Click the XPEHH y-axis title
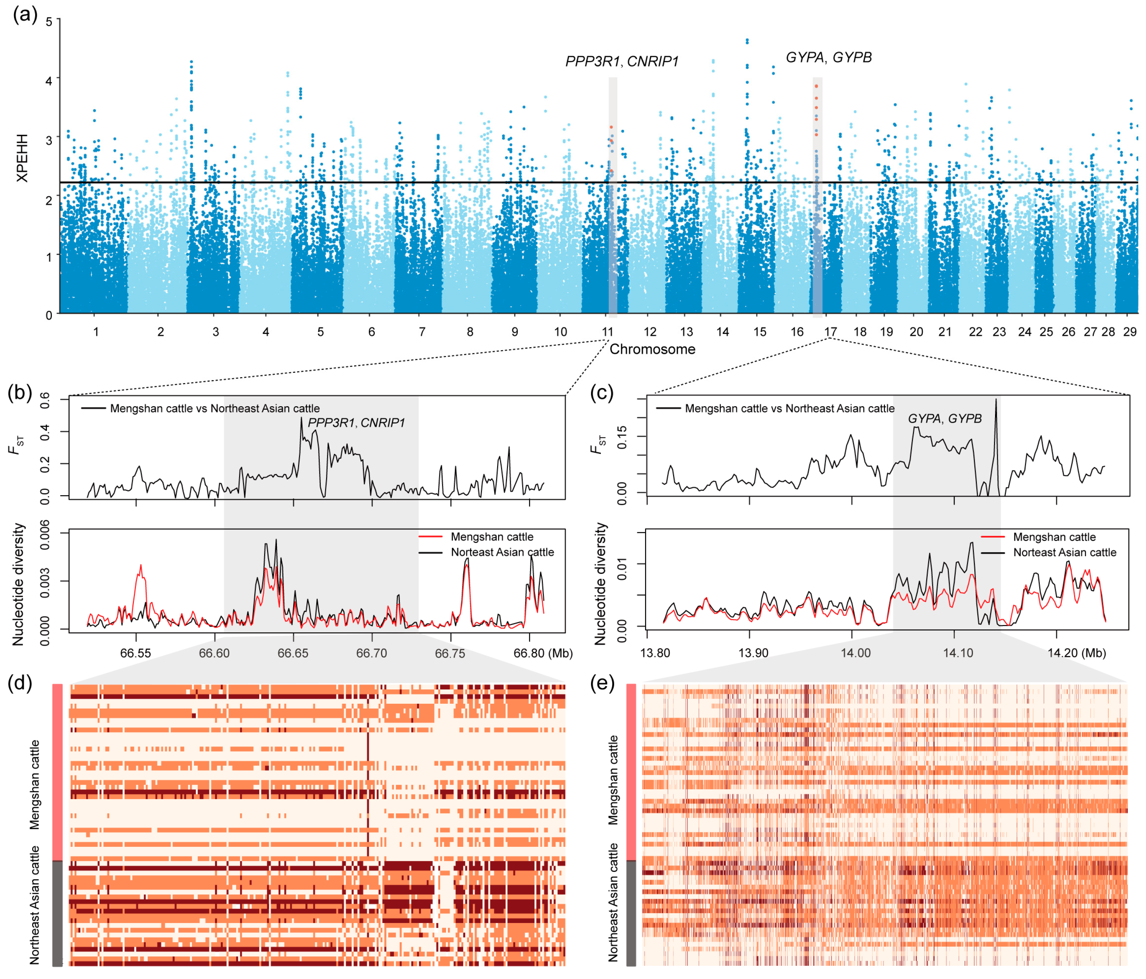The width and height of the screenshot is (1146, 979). pos(22,158)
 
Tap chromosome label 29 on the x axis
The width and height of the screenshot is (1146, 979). pos(1129,332)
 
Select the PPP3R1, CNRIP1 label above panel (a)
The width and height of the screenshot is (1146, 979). pos(622,61)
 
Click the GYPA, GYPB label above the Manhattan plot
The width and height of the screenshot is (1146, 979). pos(829,58)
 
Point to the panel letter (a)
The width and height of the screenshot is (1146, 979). pos(25,14)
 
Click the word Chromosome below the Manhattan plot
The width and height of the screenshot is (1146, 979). pos(652,349)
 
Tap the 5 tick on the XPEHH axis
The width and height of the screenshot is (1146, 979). pos(49,22)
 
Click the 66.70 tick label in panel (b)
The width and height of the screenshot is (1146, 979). pos(372,653)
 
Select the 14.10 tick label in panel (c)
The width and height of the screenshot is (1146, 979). pos(958,653)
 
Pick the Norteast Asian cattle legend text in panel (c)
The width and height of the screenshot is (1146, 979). pos(1064,552)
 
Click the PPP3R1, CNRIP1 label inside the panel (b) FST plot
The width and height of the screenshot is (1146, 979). pos(356,423)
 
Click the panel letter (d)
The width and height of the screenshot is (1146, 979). pos(20,683)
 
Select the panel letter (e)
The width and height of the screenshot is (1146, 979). pos(602,683)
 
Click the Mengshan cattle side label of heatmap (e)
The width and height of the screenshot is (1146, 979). pos(613,780)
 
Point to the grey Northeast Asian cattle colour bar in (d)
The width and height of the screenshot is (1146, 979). pos(57,913)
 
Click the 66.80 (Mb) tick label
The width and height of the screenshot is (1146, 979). pos(543,653)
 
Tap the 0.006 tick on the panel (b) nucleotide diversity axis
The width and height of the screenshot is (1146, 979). pos(44,535)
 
